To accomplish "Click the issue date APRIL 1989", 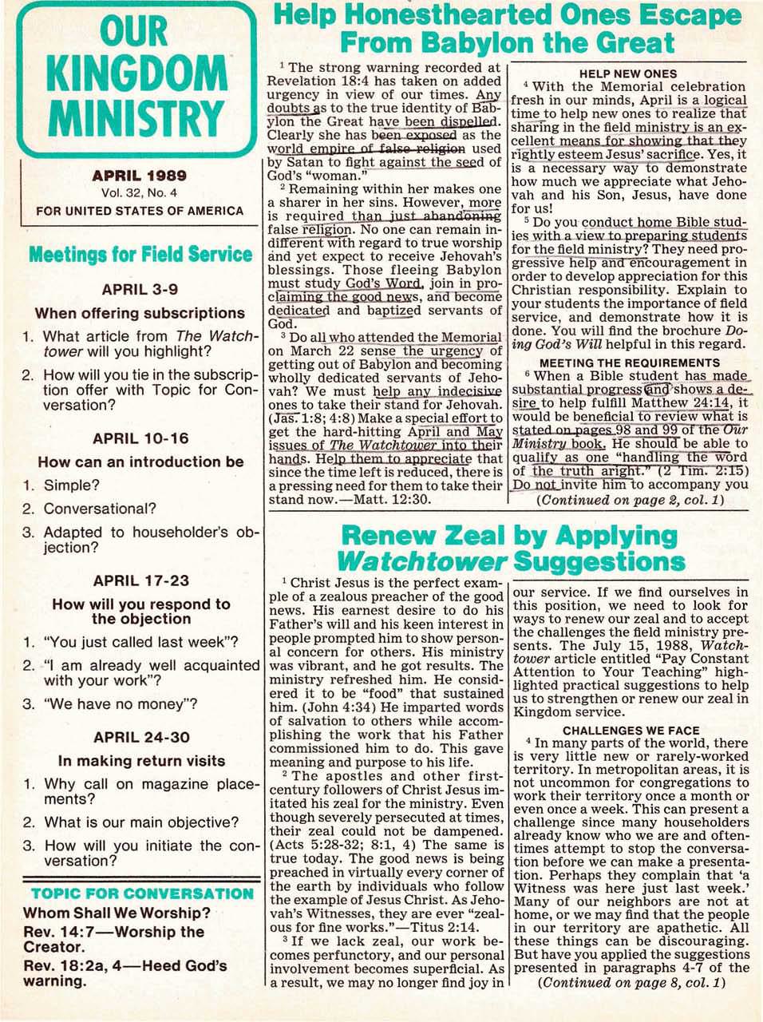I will tap(140, 176).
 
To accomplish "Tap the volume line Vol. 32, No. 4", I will tap(140, 192).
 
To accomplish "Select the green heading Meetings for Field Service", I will tap(140, 255).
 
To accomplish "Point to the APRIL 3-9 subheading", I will tap(140, 289).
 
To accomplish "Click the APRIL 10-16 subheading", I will tap(140, 438).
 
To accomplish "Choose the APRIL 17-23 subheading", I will tap(140, 580).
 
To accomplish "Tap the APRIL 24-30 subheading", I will tap(140, 737).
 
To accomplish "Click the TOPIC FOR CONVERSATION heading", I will tap(142, 893).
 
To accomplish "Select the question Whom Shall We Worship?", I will tap(117, 913).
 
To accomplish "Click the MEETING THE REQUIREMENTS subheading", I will tap(629, 362).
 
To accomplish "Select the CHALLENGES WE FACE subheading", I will tap(631, 730).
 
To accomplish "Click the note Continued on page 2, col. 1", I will tap(631, 500).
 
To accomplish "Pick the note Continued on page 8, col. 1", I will tap(631, 982).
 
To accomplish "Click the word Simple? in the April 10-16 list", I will tap(72, 485).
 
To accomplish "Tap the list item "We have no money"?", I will tap(121, 704).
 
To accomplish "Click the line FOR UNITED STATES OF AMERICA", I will tap(140, 211).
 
